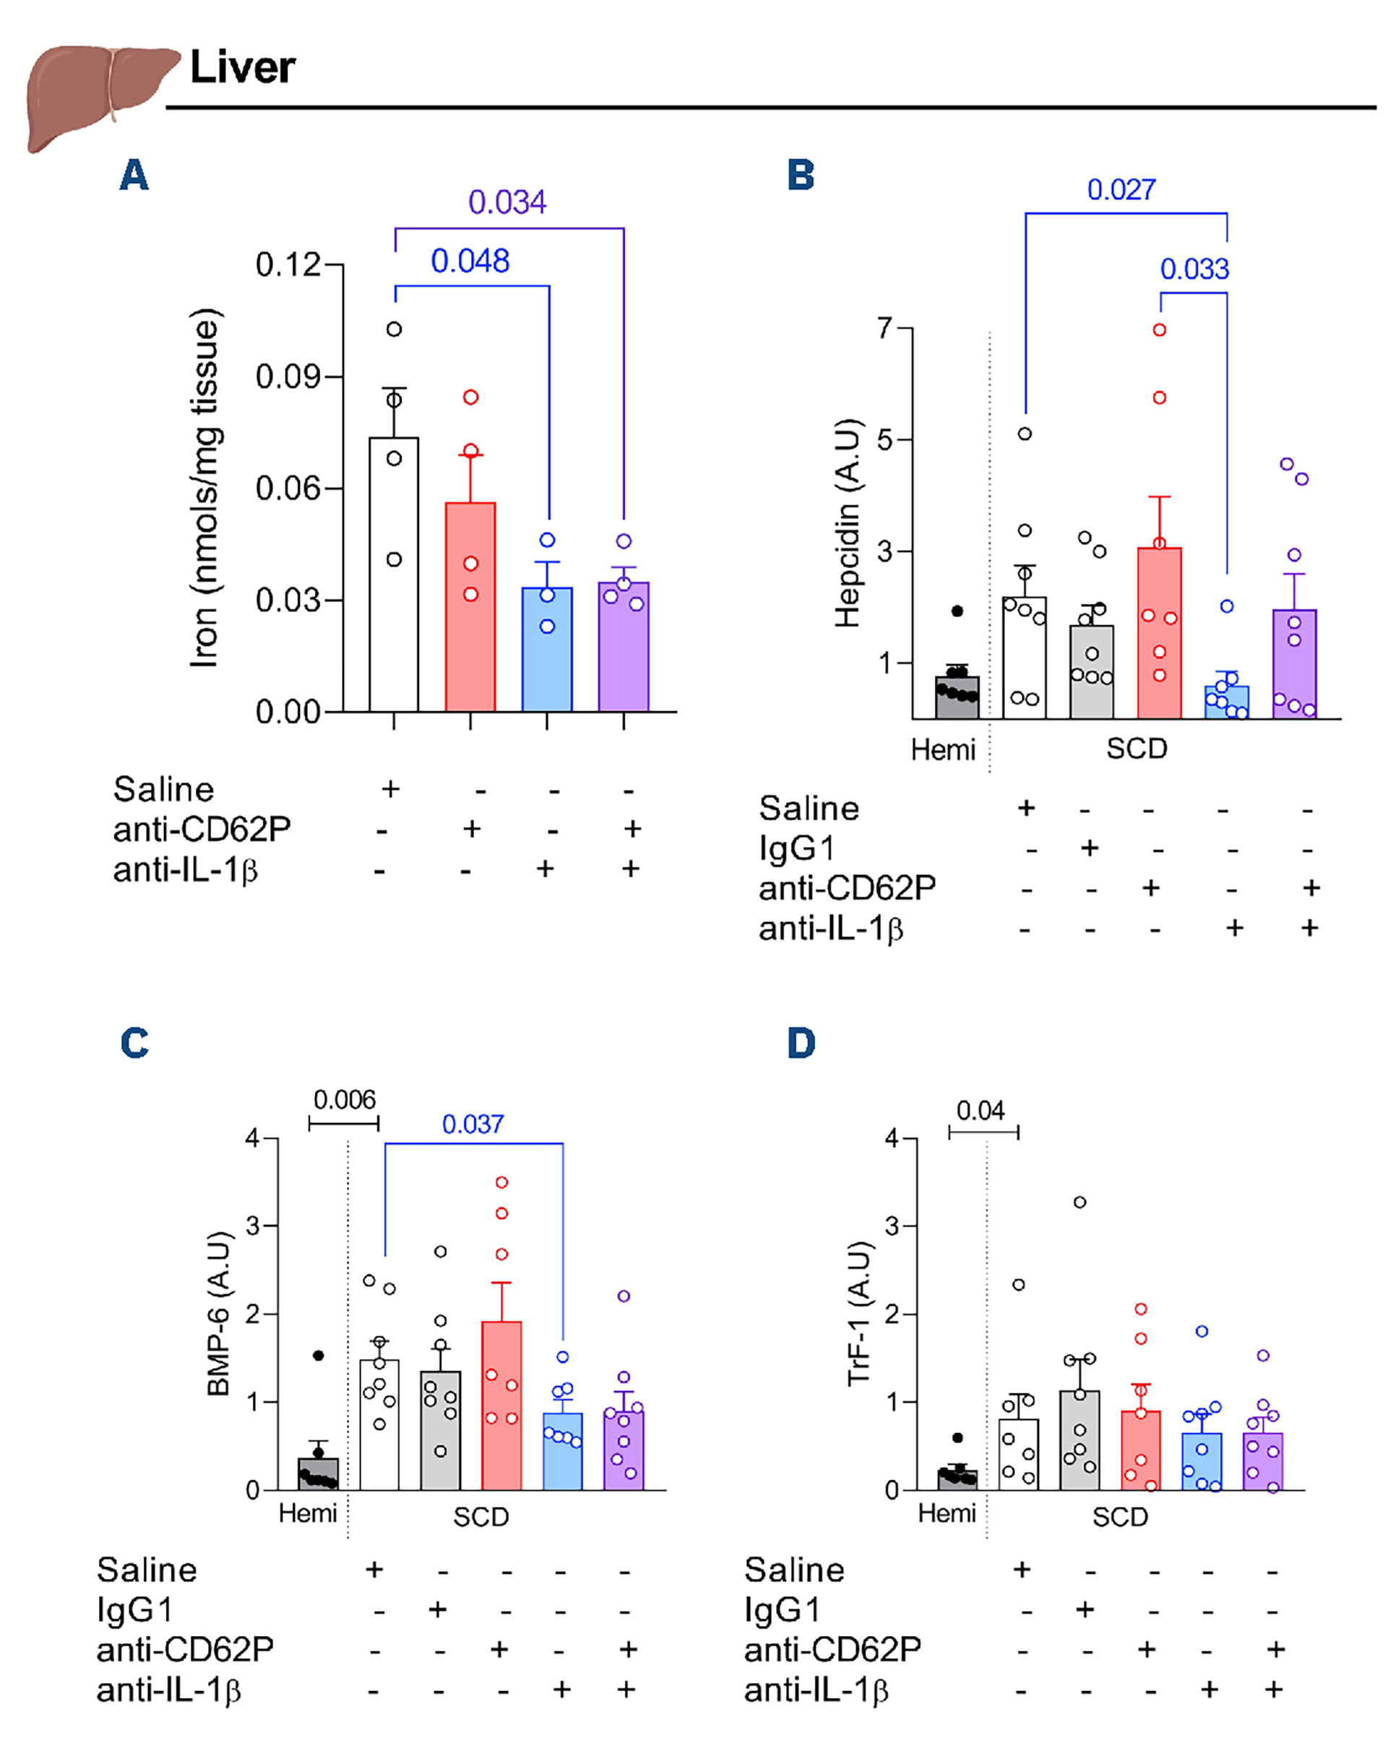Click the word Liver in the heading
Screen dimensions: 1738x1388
click(242, 68)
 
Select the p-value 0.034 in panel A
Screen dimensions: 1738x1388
click(507, 202)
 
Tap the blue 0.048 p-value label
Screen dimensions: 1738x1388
click(470, 261)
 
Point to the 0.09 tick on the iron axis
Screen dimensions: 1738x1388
click(287, 377)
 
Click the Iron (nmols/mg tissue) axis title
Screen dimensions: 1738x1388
click(204, 488)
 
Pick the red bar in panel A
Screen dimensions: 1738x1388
click(470, 606)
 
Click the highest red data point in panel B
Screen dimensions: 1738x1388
click(1159, 330)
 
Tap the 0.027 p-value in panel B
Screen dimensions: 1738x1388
click(1121, 190)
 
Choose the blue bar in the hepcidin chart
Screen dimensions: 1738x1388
click(1226, 701)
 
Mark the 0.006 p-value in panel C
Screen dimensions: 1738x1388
click(344, 1100)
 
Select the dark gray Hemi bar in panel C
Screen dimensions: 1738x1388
click(319, 1473)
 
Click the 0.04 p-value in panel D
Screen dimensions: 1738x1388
click(980, 1111)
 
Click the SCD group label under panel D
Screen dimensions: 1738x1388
click(1120, 1517)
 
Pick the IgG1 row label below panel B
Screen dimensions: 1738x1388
click(796, 848)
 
